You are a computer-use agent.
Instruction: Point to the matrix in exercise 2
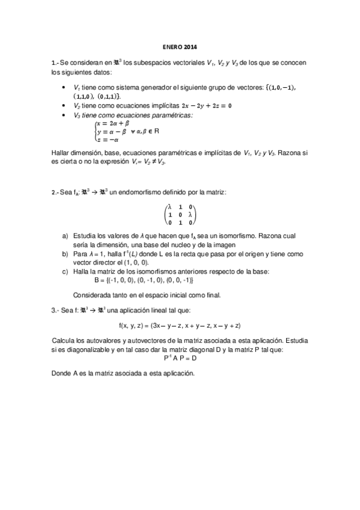[180, 214]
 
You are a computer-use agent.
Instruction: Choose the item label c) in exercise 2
[65, 272]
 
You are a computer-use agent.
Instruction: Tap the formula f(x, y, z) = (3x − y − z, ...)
[180, 325]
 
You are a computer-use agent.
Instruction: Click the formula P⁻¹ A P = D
[180, 358]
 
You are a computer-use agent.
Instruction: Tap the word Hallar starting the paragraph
[61, 154]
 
